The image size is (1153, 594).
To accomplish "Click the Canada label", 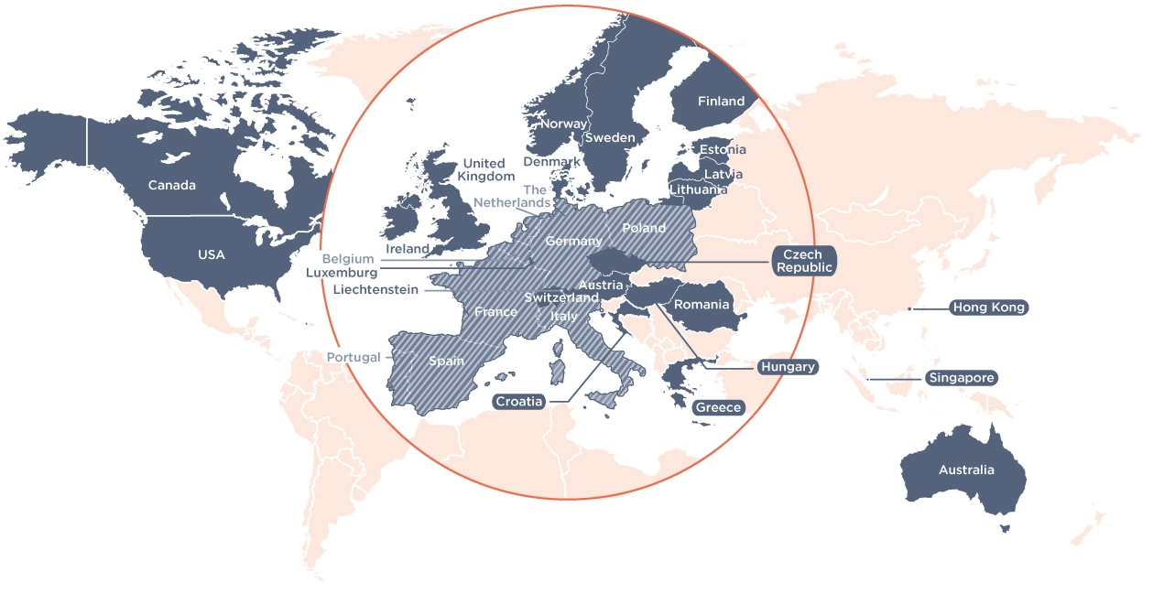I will [172, 185].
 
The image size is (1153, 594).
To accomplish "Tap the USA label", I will [212, 254].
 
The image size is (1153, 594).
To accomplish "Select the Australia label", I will [966, 470].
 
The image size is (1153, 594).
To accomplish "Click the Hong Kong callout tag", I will [989, 308].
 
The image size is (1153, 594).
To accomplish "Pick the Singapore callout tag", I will [961, 378].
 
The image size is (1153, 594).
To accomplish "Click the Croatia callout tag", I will [519, 402].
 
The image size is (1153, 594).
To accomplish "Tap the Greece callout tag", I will [718, 407].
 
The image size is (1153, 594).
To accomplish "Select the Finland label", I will [721, 102].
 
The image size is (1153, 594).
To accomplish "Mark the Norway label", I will [563, 124].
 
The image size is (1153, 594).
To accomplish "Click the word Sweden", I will [610, 138].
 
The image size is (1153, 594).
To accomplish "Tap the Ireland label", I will [408, 249].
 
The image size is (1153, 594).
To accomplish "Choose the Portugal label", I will [354, 357].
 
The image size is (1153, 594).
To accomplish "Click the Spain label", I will [447, 361].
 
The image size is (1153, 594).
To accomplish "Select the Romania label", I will [702, 305].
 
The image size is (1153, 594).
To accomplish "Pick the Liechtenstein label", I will [375, 290].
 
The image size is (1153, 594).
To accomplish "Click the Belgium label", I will [348, 259].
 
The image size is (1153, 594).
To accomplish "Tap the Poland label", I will [644, 228].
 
